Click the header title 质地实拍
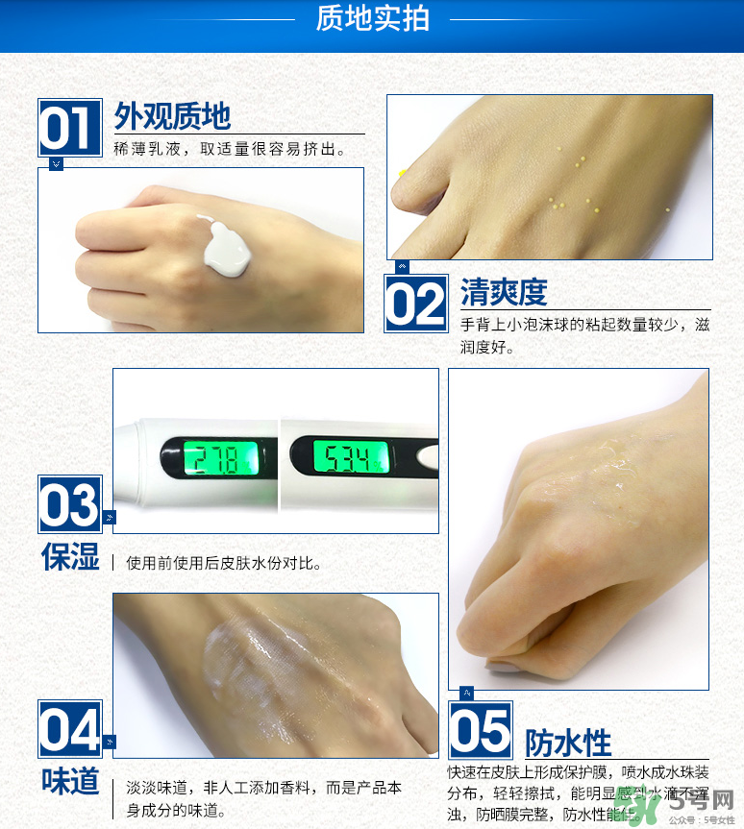[x=372, y=18]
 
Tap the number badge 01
[x=70, y=127]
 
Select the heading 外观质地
[x=172, y=116]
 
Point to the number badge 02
[x=416, y=304]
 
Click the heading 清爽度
[x=504, y=291]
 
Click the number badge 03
[x=69, y=503]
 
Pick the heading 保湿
[x=70, y=556]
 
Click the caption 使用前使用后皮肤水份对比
[x=224, y=563]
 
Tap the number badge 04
[x=69, y=729]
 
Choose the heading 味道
[x=70, y=780]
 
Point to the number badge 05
[x=481, y=730]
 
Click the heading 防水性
[x=568, y=743]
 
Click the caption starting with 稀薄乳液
[x=230, y=150]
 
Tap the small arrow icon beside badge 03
[x=109, y=518]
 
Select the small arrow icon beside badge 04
[x=109, y=743]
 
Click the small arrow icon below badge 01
[x=56, y=164]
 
